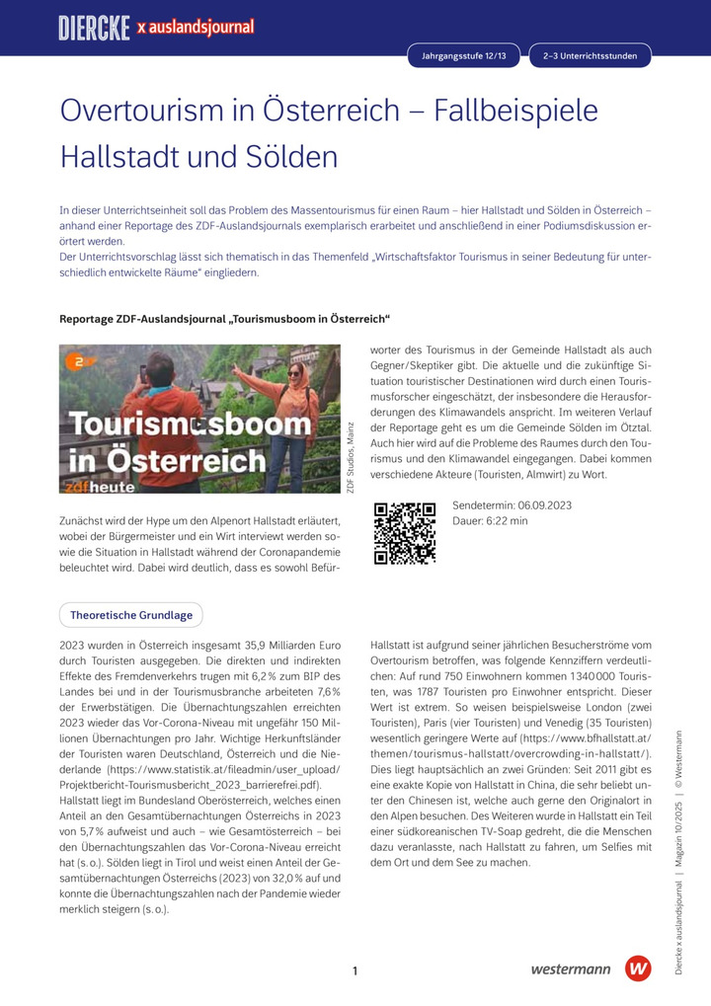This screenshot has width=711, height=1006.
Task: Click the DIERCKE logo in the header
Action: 94,28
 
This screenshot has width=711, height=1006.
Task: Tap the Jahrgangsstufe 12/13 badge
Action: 463,56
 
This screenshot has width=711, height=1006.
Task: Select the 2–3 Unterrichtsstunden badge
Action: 590,56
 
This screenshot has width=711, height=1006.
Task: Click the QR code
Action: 405,533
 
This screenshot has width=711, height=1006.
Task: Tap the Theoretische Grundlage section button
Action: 131,615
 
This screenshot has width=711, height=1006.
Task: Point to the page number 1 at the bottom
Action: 355,971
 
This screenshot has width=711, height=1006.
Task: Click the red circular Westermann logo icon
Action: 638,968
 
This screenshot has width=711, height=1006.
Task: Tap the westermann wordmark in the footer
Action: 570,969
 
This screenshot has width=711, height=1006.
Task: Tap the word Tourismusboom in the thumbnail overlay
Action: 189,425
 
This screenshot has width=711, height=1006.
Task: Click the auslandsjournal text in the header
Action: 200,28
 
